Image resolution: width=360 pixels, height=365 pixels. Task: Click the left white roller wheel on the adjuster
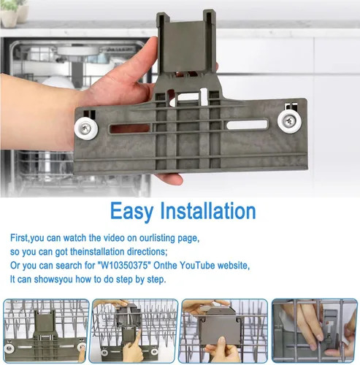tap(86, 128)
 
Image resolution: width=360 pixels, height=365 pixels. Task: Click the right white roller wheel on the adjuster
tap(289, 121)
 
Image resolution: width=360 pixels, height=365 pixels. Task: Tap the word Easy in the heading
tap(131, 211)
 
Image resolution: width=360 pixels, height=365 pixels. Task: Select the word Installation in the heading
tap(208, 211)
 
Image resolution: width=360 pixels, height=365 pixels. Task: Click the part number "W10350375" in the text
tap(123, 265)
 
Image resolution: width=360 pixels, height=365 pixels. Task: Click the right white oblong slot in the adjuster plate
tap(247, 125)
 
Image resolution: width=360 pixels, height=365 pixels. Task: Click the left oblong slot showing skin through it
tap(130, 128)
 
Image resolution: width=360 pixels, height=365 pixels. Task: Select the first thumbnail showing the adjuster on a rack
tap(46, 331)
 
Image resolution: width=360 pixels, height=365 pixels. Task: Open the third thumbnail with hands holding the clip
tap(224, 331)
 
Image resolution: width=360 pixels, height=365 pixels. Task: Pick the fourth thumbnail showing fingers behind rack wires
tap(314, 331)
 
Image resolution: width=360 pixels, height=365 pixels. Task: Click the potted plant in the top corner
tap(15, 12)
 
